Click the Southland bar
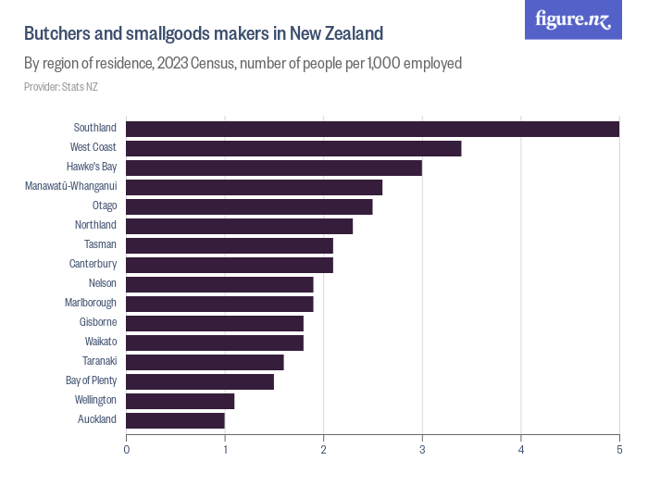pos(372,129)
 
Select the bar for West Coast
pos(293,148)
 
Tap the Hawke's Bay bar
pos(274,168)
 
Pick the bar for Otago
pos(249,206)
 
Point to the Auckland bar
pos(175,420)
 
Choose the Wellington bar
pos(181,401)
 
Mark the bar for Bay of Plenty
pos(200,381)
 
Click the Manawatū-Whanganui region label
pos(71,186)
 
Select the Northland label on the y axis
pos(95,225)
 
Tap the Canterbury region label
pos(93,264)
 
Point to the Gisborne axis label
pos(98,322)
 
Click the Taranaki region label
pos(99,361)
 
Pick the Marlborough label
pos(91,303)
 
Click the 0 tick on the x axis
pos(127,450)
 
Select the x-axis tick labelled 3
pos(422,450)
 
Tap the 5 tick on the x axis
pos(619,450)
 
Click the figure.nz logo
pos(573,19)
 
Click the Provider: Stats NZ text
pos(61,87)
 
